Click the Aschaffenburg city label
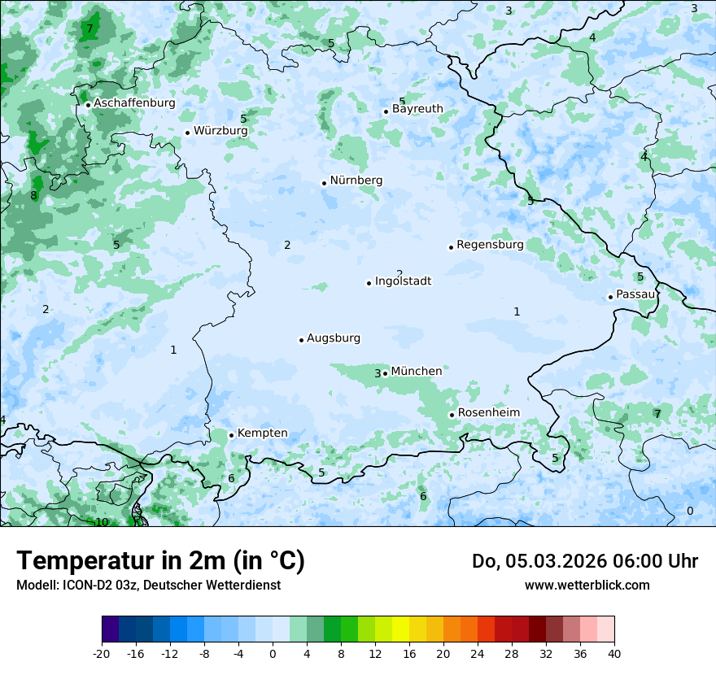point(134,103)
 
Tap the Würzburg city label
point(220,130)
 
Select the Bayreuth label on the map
point(417,108)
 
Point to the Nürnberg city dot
point(324,183)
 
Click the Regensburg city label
point(490,244)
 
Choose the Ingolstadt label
point(403,281)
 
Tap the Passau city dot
point(610,297)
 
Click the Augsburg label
point(334,338)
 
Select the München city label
point(417,371)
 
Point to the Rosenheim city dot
point(452,415)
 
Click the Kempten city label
point(262,433)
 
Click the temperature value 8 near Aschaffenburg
point(33,196)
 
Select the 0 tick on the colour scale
point(273,653)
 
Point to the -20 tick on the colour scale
point(102,653)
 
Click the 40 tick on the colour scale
point(614,653)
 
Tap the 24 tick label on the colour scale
point(478,653)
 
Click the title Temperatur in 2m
point(160,561)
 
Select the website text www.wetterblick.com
point(587,585)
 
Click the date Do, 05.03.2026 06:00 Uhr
point(584,561)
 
